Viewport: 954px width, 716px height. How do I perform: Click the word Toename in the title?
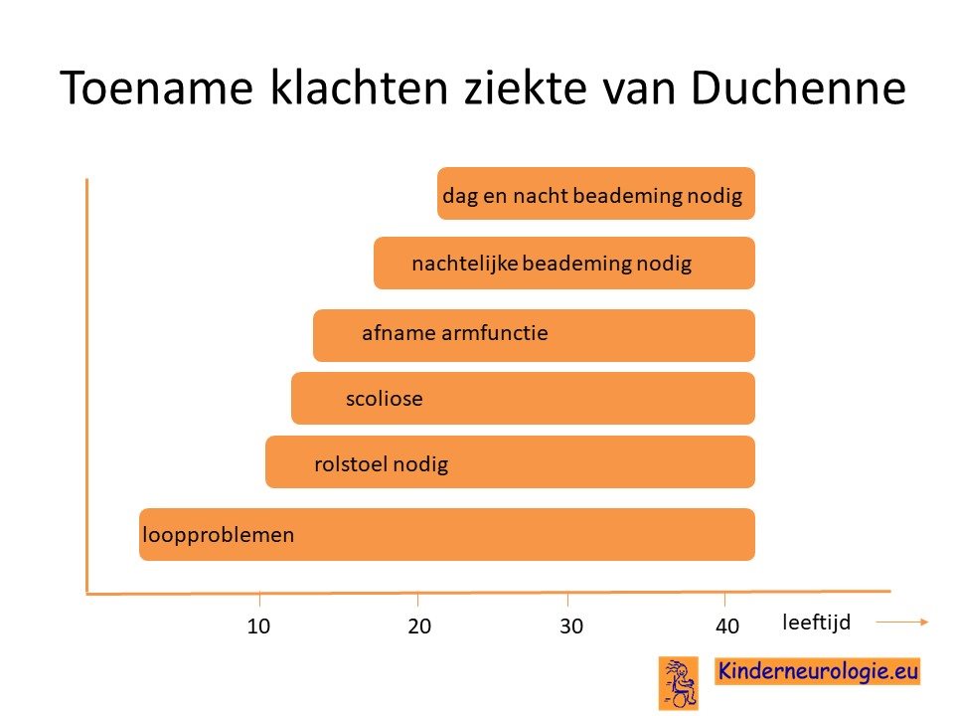click(x=156, y=88)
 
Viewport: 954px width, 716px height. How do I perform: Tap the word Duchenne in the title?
click(x=798, y=88)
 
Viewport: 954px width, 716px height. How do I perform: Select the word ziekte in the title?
click(x=525, y=88)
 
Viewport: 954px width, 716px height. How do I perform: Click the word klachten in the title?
click(x=359, y=88)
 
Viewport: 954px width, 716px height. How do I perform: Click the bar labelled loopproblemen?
click(x=447, y=535)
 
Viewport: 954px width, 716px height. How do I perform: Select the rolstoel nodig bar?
click(x=511, y=462)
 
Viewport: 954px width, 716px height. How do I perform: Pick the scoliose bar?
click(x=524, y=398)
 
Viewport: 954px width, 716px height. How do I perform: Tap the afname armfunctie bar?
click(x=535, y=335)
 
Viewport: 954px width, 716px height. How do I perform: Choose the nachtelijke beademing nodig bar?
click(x=564, y=263)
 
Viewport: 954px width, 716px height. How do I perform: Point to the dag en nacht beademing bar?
click(x=596, y=194)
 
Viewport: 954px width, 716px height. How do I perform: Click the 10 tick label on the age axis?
click(x=258, y=626)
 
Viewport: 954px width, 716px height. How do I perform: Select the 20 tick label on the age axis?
click(x=419, y=626)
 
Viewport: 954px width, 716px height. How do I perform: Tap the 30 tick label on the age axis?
click(x=571, y=626)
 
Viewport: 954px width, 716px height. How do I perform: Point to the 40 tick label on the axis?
click(x=727, y=626)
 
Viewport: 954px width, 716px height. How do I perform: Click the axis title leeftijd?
click(x=816, y=623)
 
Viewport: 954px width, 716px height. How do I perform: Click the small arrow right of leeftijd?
click(x=902, y=622)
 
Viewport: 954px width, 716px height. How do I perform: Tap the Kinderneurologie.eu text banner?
click(x=817, y=671)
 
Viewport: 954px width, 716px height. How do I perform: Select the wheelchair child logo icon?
click(x=679, y=683)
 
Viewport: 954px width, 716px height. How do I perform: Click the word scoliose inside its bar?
click(x=384, y=399)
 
